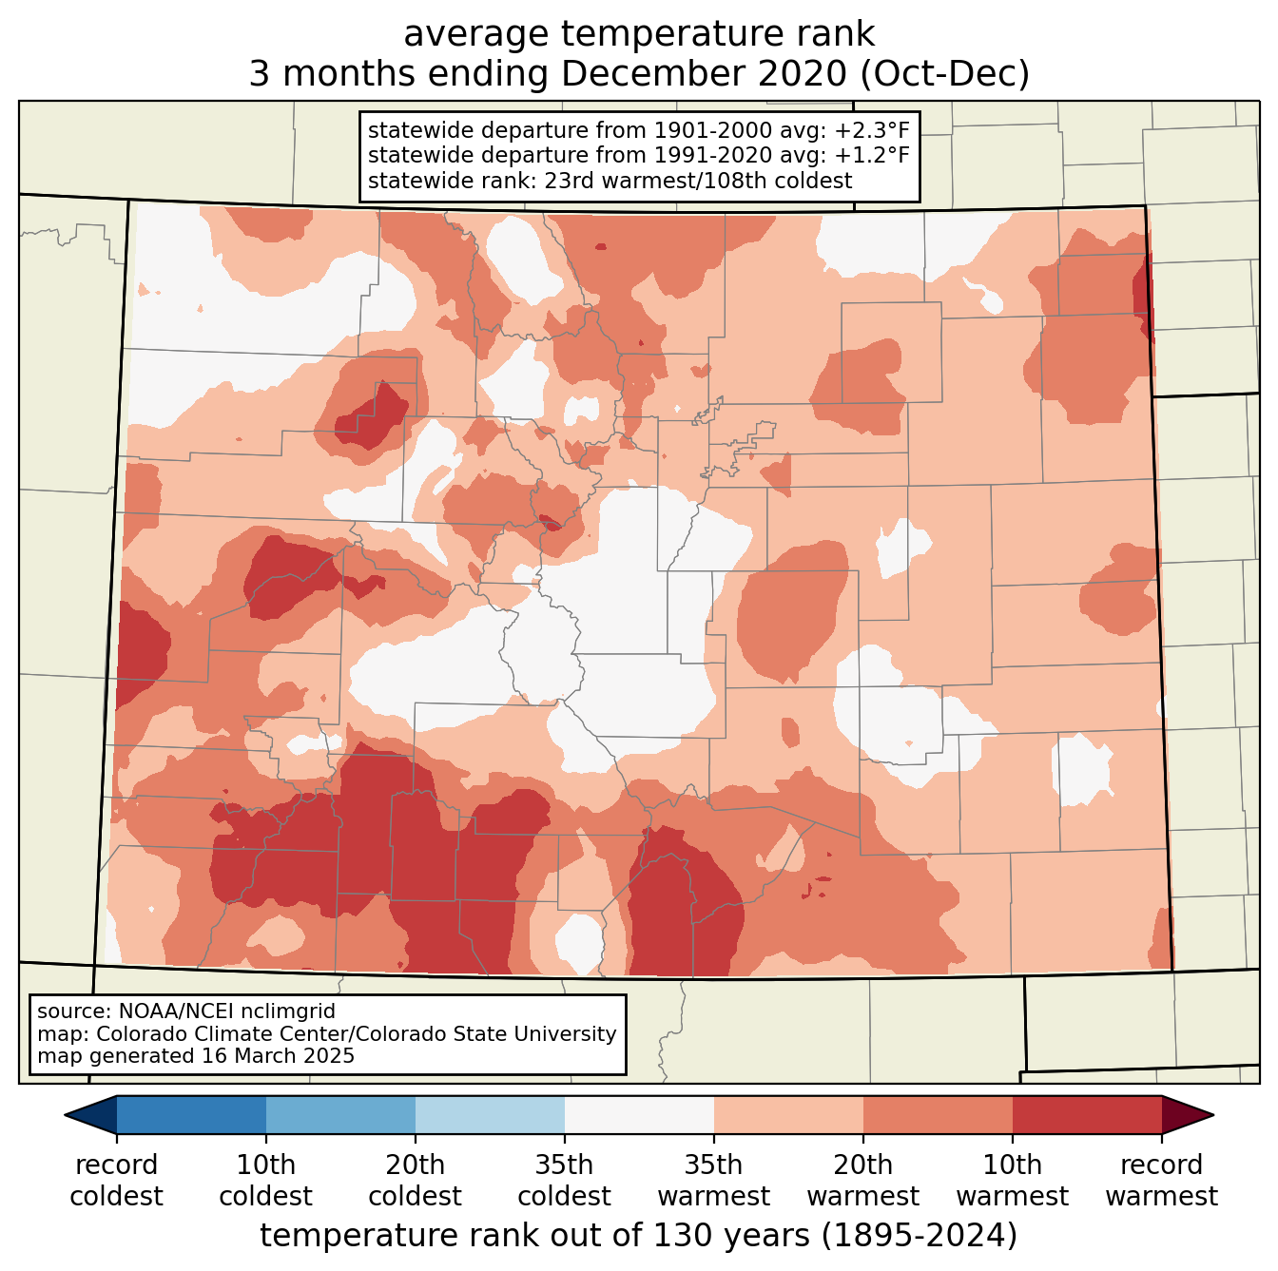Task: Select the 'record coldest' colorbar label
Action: pyautogui.click(x=116, y=1180)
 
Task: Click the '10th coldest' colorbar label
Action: pyautogui.click(x=265, y=1180)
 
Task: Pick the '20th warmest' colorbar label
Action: pyautogui.click(x=862, y=1180)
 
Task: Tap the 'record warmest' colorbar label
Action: pyautogui.click(x=1161, y=1180)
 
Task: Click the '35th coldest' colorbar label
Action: pyautogui.click(x=564, y=1180)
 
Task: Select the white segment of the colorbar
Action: pyautogui.click(x=639, y=1114)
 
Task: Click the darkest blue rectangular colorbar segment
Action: pyautogui.click(x=191, y=1114)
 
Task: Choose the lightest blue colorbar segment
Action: pyautogui.click(x=490, y=1114)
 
